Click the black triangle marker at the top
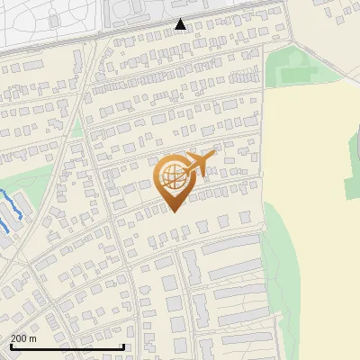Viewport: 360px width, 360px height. [x=181, y=24]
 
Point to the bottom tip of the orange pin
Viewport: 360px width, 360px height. [x=172, y=211]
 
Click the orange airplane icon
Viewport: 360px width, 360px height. [x=199, y=165]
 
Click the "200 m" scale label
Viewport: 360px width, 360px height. [x=24, y=338]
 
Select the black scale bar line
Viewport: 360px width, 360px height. [x=67, y=346]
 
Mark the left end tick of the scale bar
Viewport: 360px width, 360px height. [x=11, y=345]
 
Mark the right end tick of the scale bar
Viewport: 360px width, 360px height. [x=123, y=345]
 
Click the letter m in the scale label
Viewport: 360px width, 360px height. [x=33, y=338]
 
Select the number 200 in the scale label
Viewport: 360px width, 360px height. [x=20, y=338]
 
